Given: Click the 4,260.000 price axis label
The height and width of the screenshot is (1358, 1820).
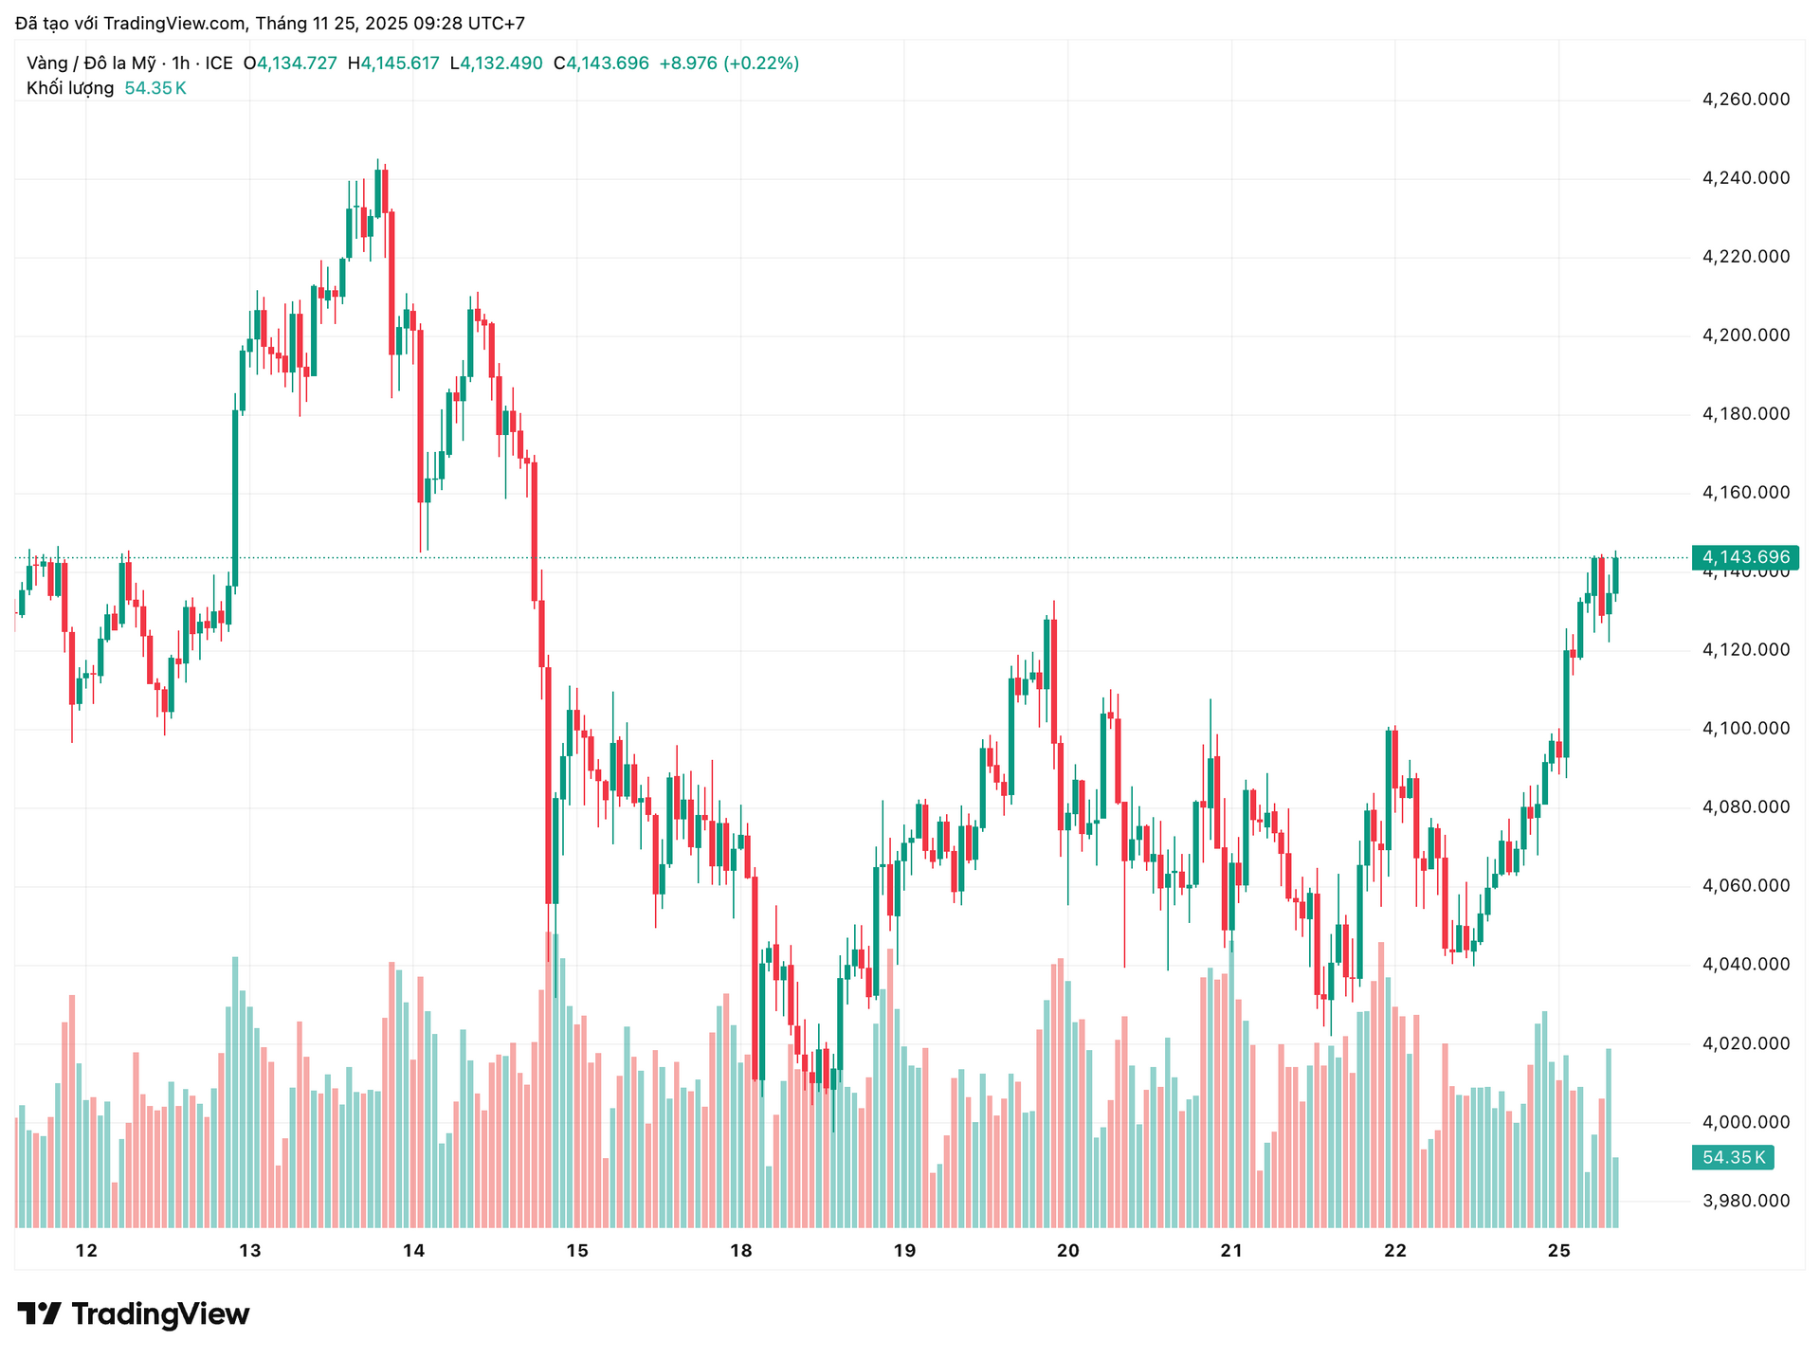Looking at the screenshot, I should coord(1746,100).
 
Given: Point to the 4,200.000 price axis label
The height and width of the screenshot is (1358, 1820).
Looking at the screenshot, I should coord(1746,335).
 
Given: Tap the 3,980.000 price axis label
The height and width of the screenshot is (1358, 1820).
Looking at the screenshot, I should coord(1746,1201).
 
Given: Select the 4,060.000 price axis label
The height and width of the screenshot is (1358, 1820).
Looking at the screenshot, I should coord(1746,886).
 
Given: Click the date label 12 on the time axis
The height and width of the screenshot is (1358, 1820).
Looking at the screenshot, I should coord(86,1251).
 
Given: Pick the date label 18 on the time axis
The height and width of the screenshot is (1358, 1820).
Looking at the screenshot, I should coord(741,1251).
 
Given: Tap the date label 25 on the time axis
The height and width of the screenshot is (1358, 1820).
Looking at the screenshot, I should coord(1559,1251).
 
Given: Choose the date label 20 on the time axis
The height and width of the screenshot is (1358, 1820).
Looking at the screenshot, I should coord(1068,1251).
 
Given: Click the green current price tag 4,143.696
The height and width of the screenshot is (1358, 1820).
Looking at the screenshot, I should coord(1745,557).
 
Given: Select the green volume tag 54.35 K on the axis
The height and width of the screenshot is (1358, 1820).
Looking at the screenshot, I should coord(1733,1157).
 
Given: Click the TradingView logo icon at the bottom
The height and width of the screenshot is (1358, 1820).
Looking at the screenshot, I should coord(39,1313).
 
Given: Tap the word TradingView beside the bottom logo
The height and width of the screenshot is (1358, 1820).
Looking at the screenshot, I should coord(160,1314).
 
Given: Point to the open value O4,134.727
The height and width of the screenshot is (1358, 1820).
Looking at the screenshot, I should coord(290,63).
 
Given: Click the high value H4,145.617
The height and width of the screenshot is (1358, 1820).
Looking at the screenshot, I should coord(393,63).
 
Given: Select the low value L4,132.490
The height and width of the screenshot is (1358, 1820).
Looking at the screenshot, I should coord(496,63).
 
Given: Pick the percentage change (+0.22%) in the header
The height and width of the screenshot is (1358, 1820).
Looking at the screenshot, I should coord(761,63).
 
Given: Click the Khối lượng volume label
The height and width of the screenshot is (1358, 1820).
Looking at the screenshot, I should coord(70,88).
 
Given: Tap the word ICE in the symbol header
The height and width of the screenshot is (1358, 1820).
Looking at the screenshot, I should coord(219,63).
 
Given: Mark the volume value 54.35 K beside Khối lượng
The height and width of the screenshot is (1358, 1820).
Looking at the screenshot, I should coord(155,88).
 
